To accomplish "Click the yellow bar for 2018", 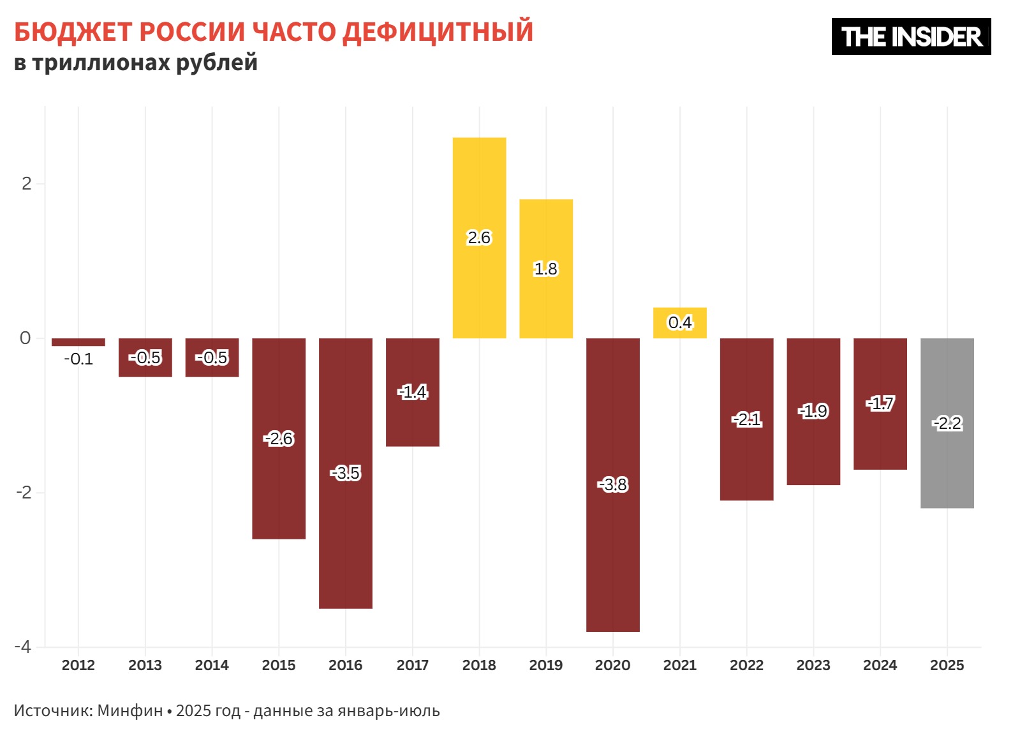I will tap(479, 191).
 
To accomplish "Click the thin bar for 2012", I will tap(78, 342).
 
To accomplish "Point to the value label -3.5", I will tap(346, 473).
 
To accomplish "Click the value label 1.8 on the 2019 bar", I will tap(545, 269).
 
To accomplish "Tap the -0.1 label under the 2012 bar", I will tap(78, 359).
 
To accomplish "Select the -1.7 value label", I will tap(880, 403).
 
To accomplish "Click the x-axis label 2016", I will tap(345, 665).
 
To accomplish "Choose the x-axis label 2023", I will tap(813, 665).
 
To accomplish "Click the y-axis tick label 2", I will tap(26, 184).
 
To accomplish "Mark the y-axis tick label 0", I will tap(26, 338).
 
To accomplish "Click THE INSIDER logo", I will tap(910, 36).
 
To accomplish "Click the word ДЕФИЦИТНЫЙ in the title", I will tap(438, 32).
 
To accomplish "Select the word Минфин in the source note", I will tap(130, 710).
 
